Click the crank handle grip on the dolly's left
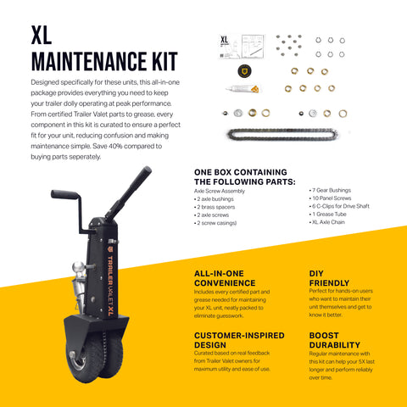click(64, 195)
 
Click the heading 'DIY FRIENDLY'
click(329, 279)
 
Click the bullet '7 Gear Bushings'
click(333, 192)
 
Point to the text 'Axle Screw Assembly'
click(222, 192)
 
